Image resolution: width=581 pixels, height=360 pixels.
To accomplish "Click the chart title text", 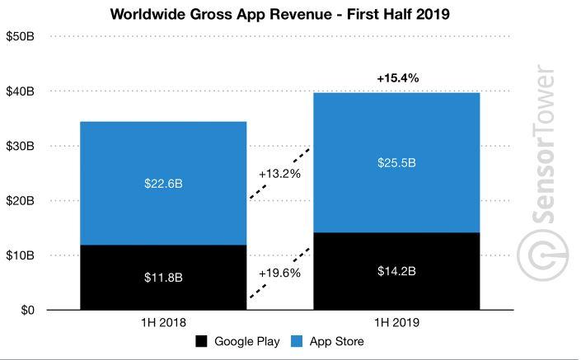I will [291, 13].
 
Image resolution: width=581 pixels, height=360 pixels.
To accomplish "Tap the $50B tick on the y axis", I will [21, 37].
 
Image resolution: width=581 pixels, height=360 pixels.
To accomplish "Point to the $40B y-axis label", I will [21, 91].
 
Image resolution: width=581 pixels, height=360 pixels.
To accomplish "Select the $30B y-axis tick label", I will [21, 147].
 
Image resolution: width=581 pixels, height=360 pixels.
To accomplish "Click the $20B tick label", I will [21, 201].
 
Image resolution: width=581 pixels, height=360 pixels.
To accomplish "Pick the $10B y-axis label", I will [21, 256].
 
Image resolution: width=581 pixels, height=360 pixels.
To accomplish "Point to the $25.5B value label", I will [396, 163].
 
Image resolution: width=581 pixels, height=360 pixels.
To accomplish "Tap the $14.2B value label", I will [396, 272].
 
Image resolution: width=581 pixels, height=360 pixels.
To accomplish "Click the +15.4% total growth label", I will [398, 78].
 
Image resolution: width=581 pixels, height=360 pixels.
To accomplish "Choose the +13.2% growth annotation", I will [279, 175].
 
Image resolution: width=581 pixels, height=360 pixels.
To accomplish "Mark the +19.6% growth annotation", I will [280, 273].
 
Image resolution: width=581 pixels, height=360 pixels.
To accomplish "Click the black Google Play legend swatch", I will [202, 342].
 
